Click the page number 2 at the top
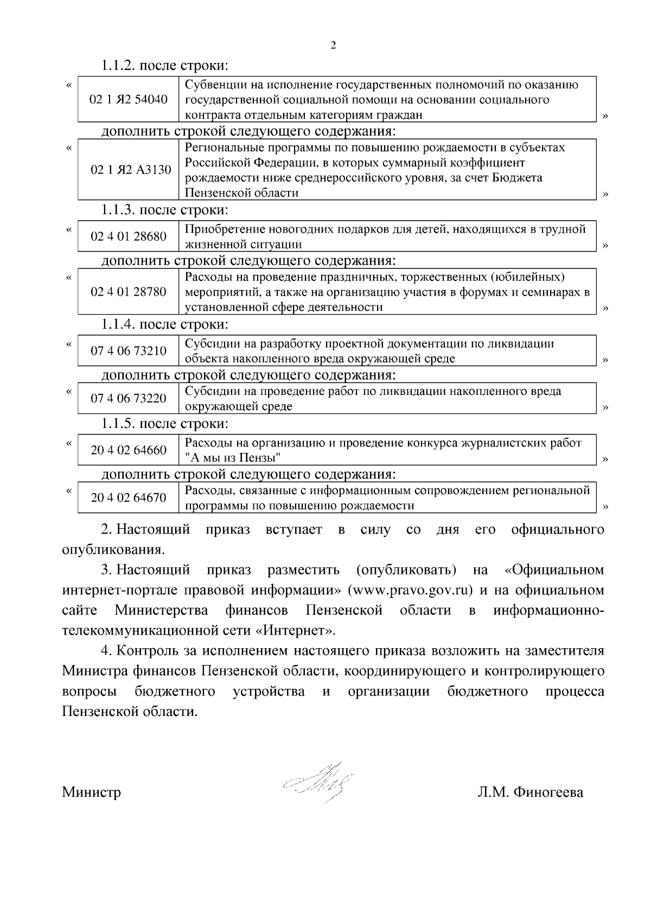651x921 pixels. tap(333, 46)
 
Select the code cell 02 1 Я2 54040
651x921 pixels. tap(129, 99)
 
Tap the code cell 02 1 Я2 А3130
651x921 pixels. tap(131, 170)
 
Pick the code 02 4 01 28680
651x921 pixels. tap(129, 236)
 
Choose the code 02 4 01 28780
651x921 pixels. tap(129, 292)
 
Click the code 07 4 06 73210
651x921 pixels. tap(129, 351)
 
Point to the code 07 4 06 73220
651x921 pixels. tap(129, 399)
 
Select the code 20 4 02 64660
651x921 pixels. tap(129, 450)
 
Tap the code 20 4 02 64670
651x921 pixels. tap(129, 497)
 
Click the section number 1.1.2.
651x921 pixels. tap(118, 66)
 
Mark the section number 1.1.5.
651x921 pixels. tap(118, 423)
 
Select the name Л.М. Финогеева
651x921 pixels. tap(530, 792)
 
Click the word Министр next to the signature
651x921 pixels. tap(91, 792)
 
